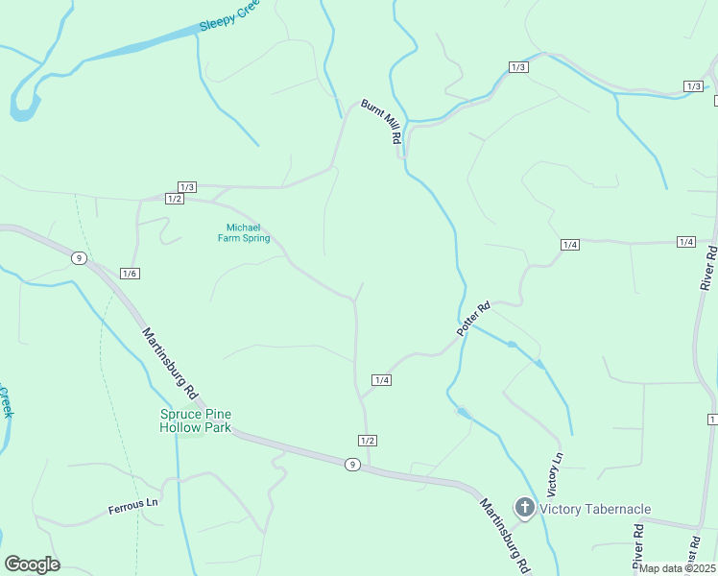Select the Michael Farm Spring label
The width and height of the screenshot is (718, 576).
pyautogui.click(x=242, y=232)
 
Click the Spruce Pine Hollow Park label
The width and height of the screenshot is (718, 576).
pyautogui.click(x=196, y=420)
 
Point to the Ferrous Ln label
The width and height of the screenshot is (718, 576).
pyautogui.click(x=132, y=505)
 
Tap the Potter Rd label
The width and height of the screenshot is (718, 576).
pyautogui.click(x=473, y=320)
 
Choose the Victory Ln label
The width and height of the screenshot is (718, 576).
pyautogui.click(x=554, y=468)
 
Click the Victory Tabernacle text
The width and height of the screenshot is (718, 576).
pyautogui.click(x=595, y=509)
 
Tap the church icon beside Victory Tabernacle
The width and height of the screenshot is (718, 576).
pyautogui.click(x=524, y=506)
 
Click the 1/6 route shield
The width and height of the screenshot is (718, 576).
pyautogui.click(x=131, y=274)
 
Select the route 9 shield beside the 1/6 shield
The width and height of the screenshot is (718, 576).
pyautogui.click(x=79, y=257)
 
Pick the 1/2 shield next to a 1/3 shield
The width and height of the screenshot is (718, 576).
pyautogui.click(x=174, y=199)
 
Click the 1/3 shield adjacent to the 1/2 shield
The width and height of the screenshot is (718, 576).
pyautogui.click(x=187, y=186)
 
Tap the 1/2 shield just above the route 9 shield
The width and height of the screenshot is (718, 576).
pyautogui.click(x=367, y=441)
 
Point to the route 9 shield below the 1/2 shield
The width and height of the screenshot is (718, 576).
pyautogui.click(x=352, y=464)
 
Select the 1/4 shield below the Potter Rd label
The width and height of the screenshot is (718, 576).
pyautogui.click(x=382, y=380)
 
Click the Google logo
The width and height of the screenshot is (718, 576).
pyautogui.click(x=33, y=564)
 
